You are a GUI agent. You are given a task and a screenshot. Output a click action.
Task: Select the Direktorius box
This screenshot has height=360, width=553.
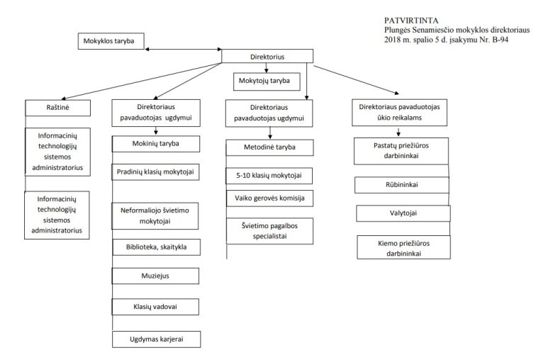coord(267,57)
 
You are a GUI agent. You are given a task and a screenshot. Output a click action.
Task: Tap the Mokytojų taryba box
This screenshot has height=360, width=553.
coord(267,81)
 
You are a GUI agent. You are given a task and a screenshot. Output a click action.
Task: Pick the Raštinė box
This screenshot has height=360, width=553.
coord(58,108)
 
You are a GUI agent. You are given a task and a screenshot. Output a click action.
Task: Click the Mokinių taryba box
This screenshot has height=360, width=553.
coord(156,144)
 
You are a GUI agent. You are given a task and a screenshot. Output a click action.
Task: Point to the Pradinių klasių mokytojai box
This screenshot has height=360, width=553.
coord(155,172)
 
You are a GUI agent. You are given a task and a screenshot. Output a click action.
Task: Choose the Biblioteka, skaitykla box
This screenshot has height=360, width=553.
coord(157,247)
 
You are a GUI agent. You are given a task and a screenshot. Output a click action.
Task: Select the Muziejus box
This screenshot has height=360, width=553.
coord(155,276)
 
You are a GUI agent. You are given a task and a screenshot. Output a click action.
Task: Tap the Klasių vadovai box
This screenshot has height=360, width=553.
coord(155,307)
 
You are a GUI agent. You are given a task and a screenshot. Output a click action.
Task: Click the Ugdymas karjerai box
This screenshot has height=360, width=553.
coord(157,339)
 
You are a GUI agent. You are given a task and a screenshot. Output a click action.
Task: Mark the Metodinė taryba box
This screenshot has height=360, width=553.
coord(270,147)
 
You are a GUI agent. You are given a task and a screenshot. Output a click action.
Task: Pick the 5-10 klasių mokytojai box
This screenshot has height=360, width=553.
coord(269,176)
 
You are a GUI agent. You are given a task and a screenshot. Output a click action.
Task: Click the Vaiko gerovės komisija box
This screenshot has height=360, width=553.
coord(270,198)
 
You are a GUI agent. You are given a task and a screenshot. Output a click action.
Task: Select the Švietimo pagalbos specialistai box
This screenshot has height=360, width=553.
coord(270,231)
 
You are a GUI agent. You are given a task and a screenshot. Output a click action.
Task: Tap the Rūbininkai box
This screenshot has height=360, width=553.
coord(402,185)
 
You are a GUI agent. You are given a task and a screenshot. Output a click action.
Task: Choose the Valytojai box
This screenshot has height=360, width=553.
coord(403,213)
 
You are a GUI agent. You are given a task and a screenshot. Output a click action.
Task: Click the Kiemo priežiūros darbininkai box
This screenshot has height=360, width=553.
coord(404,247)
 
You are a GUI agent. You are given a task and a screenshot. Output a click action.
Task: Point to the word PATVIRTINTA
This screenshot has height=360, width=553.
coord(411,21)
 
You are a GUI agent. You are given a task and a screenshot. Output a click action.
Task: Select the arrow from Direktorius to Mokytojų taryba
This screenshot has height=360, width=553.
coord(267,68)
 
